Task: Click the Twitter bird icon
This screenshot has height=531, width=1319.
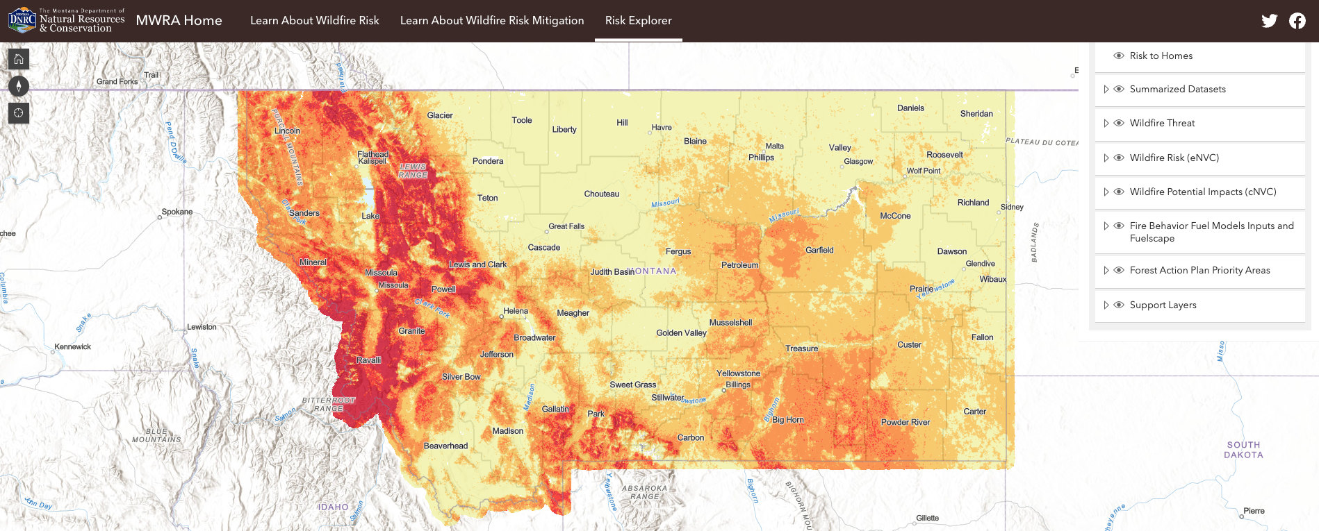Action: pyautogui.click(x=1269, y=21)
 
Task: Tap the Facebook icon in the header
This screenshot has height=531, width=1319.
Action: pyautogui.click(x=1297, y=21)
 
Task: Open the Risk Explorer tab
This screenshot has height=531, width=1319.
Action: pyautogui.click(x=638, y=21)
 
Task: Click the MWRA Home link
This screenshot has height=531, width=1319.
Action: pyautogui.click(x=179, y=21)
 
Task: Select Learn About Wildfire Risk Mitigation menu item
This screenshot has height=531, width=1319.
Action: pyautogui.click(x=491, y=21)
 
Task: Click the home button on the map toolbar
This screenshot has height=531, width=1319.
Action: pyautogui.click(x=19, y=60)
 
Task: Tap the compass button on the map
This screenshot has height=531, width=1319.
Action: pyautogui.click(x=19, y=86)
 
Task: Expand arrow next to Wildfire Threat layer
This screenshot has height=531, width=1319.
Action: pyautogui.click(x=1106, y=124)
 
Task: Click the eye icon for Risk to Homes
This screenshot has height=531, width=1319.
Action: pyautogui.click(x=1119, y=56)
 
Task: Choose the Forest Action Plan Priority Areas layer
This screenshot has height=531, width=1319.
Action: pyautogui.click(x=1199, y=271)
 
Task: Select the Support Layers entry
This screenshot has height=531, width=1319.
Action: pyautogui.click(x=1163, y=305)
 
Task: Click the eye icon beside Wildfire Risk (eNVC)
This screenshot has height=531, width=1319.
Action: pyautogui.click(x=1119, y=158)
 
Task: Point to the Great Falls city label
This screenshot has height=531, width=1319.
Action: pyautogui.click(x=566, y=226)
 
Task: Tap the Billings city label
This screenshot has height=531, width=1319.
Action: pyautogui.click(x=737, y=385)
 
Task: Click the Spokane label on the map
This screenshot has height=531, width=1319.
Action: pyautogui.click(x=177, y=212)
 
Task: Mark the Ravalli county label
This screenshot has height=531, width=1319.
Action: pyautogui.click(x=368, y=360)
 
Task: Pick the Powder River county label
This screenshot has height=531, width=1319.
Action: pyautogui.click(x=905, y=422)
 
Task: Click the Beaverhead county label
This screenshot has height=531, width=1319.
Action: pyautogui.click(x=445, y=446)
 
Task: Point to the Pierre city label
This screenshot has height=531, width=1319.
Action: pyautogui.click(x=1253, y=511)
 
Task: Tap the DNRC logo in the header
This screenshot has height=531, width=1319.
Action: pyautogui.click(x=22, y=21)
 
